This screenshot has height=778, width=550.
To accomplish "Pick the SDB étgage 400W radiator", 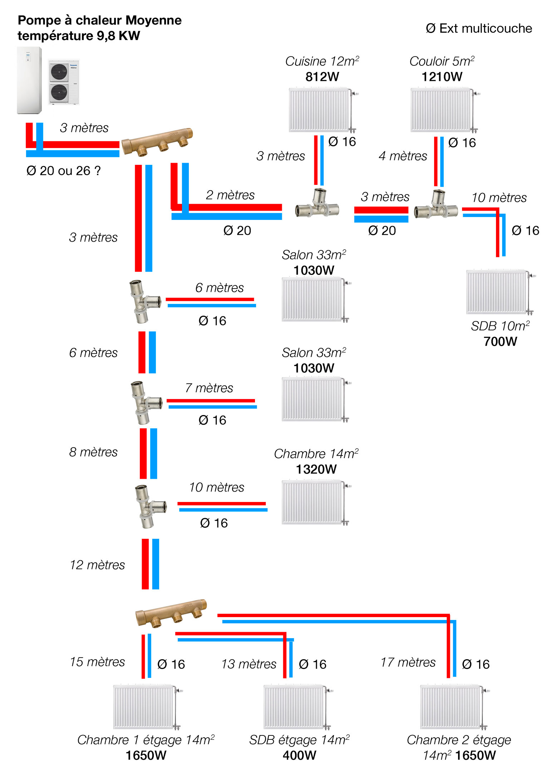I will [294, 707].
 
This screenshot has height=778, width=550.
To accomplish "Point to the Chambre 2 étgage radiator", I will [451, 707].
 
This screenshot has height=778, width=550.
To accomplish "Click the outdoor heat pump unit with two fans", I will [63, 82].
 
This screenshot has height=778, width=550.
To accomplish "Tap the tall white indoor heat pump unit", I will [29, 80].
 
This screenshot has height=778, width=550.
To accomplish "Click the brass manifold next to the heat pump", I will [157, 142].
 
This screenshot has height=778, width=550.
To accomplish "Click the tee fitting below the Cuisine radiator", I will [317, 203].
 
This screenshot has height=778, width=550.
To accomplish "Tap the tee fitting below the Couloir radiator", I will [436, 205].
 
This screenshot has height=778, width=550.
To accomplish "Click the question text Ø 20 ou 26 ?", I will [63, 171].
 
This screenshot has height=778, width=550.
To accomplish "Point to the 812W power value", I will [322, 77].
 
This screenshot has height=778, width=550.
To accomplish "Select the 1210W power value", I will [442, 77].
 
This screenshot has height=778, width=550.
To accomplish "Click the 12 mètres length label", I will [97, 565].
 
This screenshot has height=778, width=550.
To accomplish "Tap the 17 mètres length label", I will [408, 662].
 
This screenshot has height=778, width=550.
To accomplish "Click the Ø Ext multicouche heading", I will [479, 29].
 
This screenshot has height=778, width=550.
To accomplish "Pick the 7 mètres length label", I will [209, 388].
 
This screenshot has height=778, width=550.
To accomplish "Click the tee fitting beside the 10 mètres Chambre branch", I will [150, 506].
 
